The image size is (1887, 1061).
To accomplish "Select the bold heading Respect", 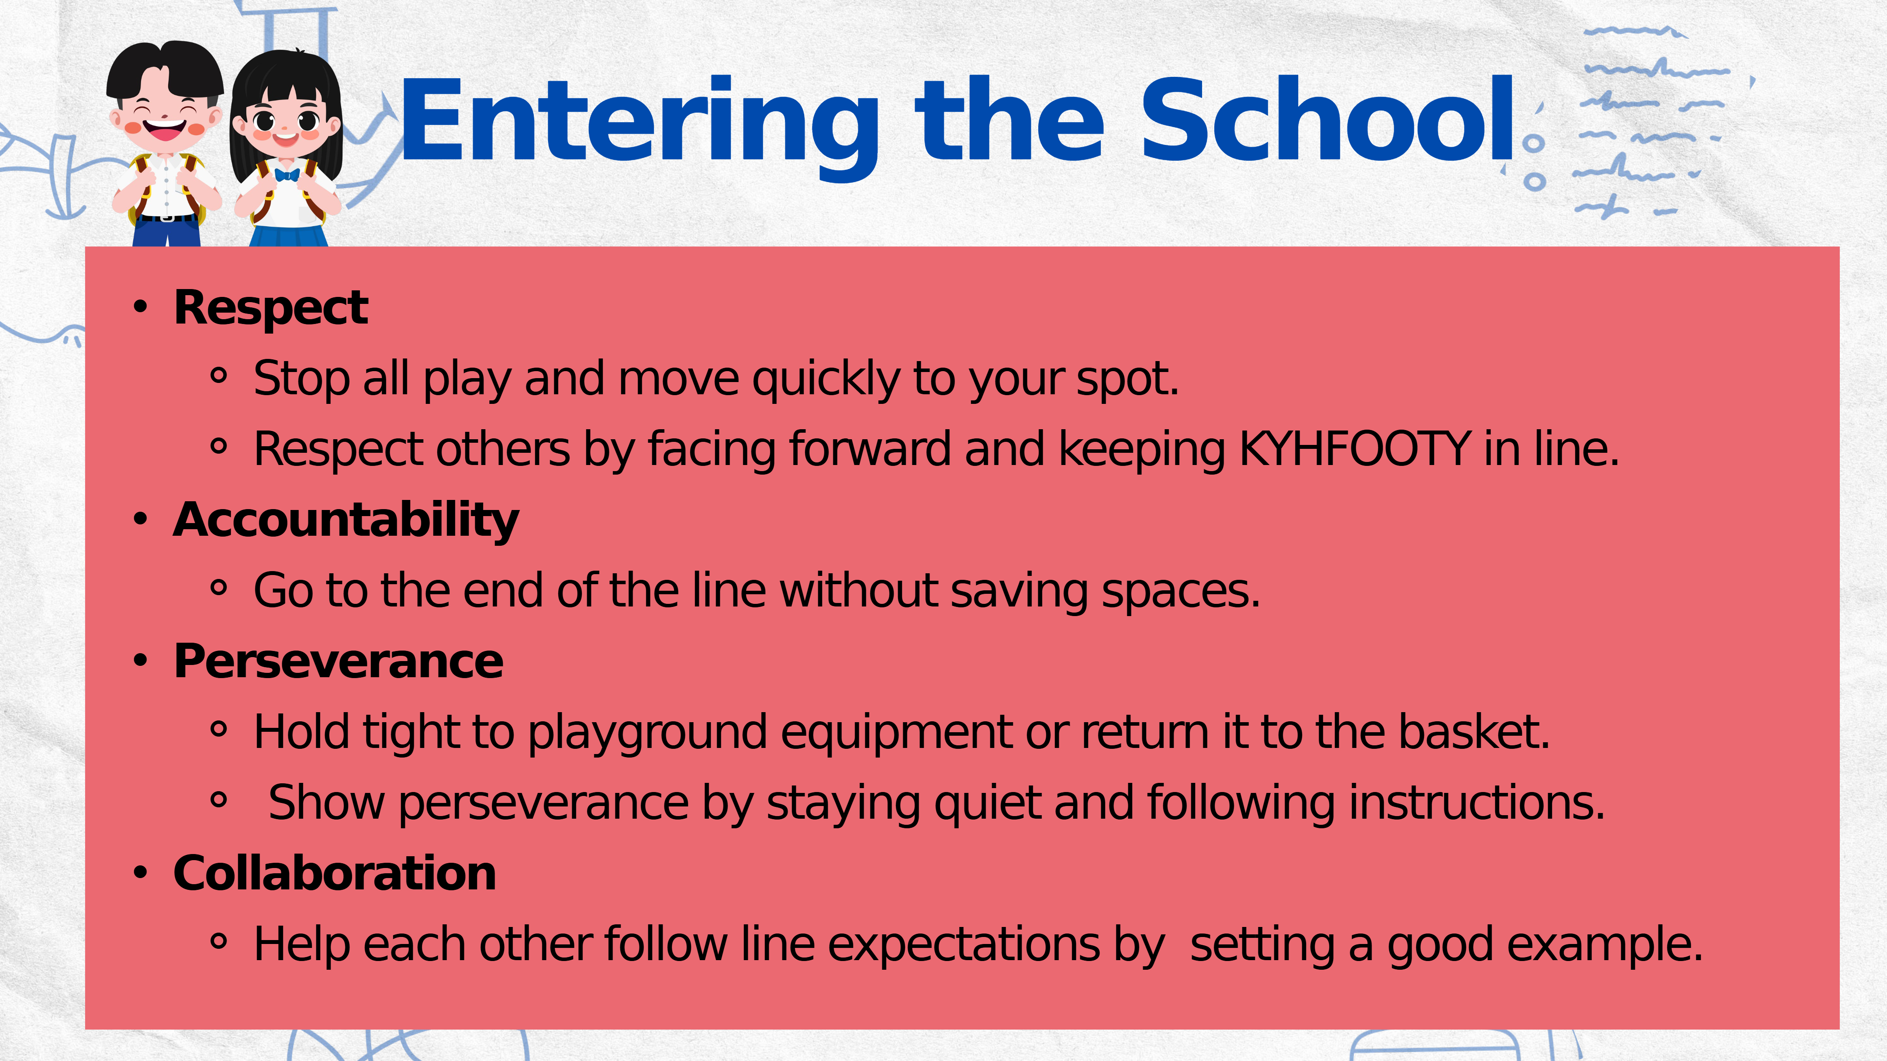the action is tap(271, 308).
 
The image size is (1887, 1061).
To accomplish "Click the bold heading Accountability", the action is tap(346, 520).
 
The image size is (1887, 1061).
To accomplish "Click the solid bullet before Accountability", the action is tap(141, 519).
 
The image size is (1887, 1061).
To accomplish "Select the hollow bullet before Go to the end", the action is tap(218, 588).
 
